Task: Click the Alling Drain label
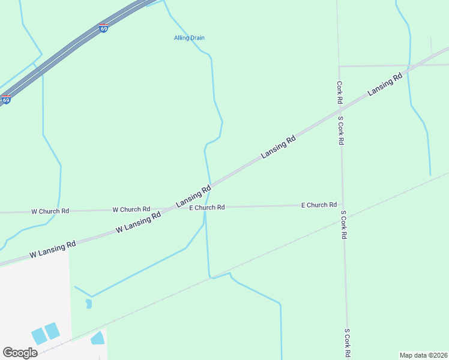(x=189, y=38)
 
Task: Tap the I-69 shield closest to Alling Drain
(x=104, y=28)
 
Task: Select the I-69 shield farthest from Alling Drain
(x=5, y=100)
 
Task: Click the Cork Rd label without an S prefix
(x=339, y=92)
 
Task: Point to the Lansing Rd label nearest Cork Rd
(x=384, y=84)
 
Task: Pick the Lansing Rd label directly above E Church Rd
(x=193, y=197)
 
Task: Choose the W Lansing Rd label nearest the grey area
(x=53, y=249)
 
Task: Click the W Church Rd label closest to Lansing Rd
(x=131, y=209)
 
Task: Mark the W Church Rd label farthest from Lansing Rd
(x=50, y=211)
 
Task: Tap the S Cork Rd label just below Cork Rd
(x=340, y=130)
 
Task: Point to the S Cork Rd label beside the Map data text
(x=347, y=343)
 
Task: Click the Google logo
(x=20, y=353)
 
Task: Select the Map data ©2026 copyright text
(x=423, y=355)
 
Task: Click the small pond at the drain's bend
(x=89, y=303)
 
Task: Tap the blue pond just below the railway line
(x=97, y=338)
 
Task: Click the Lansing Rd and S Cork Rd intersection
(x=339, y=109)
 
